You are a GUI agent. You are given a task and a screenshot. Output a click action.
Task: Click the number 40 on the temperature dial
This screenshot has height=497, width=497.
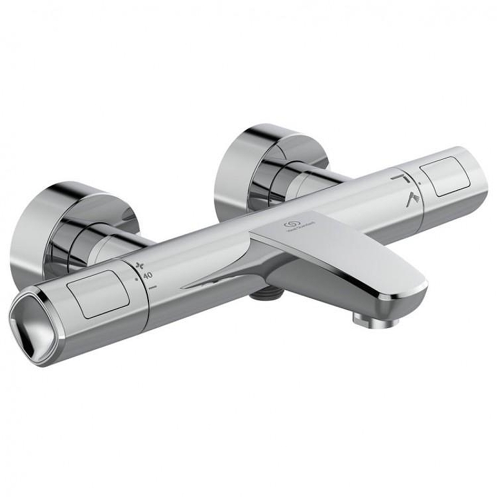(148, 274)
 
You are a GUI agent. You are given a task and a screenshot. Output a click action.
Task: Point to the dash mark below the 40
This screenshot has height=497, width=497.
(152, 286)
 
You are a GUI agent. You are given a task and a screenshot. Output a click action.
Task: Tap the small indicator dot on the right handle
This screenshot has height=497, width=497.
(420, 185)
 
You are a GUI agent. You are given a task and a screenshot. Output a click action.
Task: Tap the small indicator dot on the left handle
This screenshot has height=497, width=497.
(135, 280)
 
